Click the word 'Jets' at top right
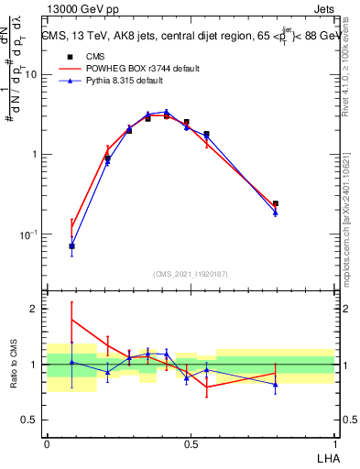[x=324, y=9]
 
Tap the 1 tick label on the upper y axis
[x=35, y=155]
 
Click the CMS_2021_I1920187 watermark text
[x=191, y=274]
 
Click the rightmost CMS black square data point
[x=276, y=203]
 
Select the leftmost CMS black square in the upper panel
[x=71, y=246]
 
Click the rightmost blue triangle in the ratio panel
[x=276, y=384]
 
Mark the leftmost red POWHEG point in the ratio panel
[x=71, y=320]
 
